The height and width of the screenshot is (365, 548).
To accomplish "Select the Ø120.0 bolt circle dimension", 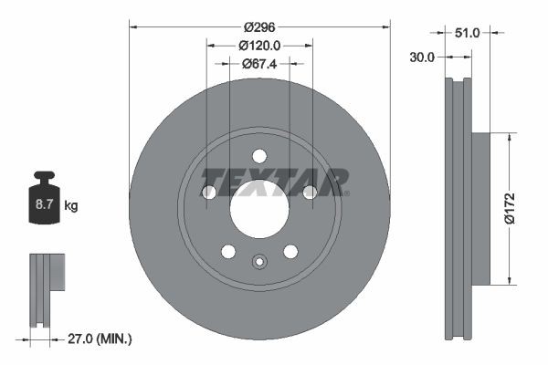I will pos(259,46).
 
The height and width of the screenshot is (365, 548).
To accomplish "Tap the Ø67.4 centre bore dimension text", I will pos(259,63).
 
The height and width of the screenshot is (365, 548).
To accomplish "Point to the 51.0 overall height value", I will pos(467,32).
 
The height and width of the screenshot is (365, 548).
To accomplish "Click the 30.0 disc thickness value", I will pos(422,56).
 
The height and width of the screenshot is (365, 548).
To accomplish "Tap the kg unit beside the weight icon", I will pos(71,207).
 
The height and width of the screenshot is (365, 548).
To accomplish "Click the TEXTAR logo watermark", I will pos(274,182).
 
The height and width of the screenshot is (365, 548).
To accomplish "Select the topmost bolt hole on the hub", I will pos(259,155).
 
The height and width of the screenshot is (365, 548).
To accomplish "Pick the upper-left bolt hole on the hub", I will pos(208,193).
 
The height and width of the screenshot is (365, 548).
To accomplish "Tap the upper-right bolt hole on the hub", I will pos(310,192).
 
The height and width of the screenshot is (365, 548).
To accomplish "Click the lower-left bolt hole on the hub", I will pos(228,252).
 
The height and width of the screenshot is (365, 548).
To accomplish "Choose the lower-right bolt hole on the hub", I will pos(290,252).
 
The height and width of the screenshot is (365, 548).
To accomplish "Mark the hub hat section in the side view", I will pos(480,207).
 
